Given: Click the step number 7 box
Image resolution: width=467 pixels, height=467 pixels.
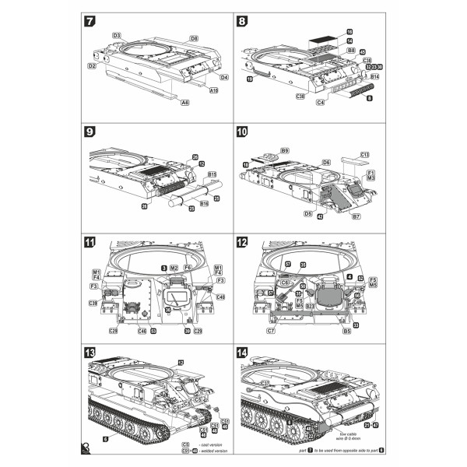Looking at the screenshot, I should [90, 22].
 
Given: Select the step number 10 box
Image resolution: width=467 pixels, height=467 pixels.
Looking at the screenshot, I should [243, 132].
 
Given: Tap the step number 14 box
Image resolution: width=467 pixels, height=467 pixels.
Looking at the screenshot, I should [243, 353].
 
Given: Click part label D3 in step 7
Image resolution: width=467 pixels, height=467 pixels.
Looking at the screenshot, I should [117, 36].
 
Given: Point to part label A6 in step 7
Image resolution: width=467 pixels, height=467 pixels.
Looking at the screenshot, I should [184, 102].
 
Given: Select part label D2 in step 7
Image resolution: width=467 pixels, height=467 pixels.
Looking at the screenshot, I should [92, 66].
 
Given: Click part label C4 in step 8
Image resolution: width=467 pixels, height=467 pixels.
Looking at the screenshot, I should [320, 102].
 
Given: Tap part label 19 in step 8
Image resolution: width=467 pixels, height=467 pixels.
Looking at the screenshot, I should [250, 79].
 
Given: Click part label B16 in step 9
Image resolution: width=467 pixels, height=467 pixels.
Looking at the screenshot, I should [204, 202].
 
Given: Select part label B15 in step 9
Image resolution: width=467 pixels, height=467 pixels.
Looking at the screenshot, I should [211, 174].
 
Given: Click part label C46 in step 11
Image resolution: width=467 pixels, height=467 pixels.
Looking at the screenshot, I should [142, 331].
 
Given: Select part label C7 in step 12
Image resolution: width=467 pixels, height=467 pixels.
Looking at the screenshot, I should [271, 331].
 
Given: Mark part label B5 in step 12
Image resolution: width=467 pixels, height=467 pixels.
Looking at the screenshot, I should [347, 331].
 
